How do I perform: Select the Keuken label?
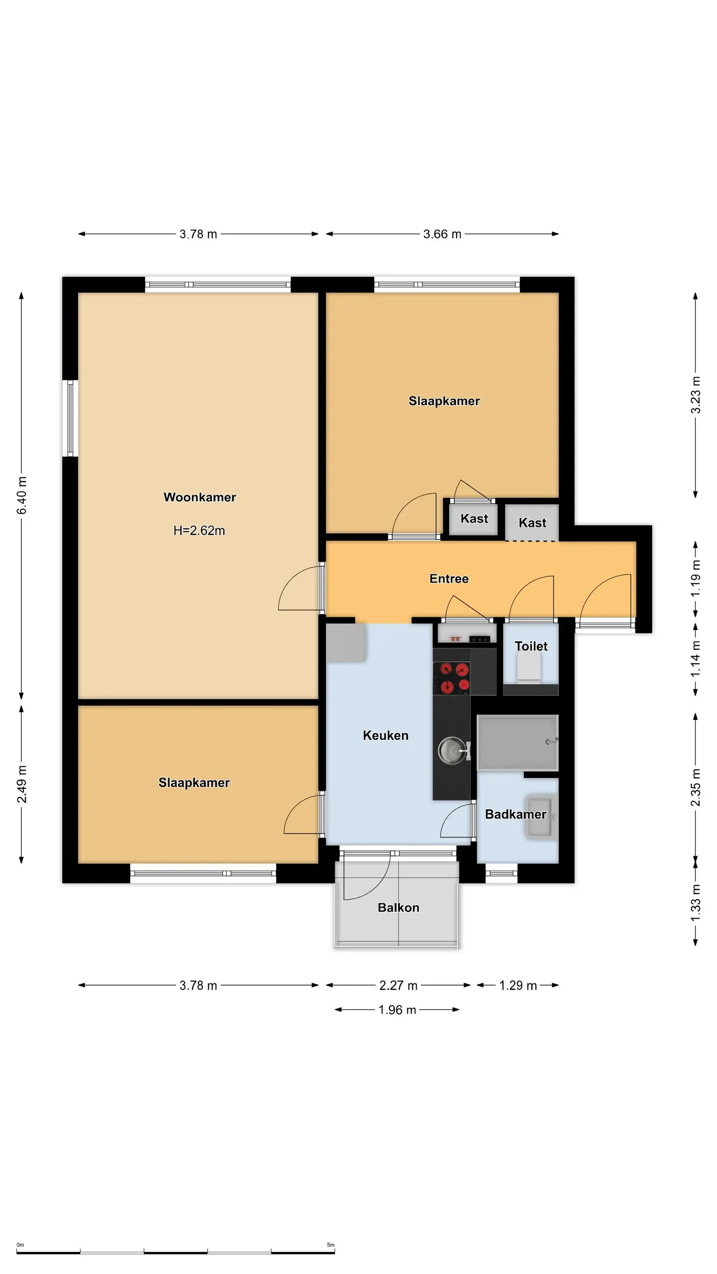point(385,736)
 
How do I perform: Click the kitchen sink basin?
point(451,750)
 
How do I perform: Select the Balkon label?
point(398,908)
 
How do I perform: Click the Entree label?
point(449,579)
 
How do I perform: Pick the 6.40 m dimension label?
point(22,495)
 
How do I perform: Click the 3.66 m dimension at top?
point(442,234)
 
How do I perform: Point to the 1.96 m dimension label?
point(397,1009)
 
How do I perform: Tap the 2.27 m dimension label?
point(398,985)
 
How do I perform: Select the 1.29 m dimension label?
point(518,985)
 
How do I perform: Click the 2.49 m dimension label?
point(22,784)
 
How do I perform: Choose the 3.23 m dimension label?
point(696,395)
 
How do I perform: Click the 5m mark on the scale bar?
point(330,1245)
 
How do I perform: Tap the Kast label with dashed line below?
point(532,523)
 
